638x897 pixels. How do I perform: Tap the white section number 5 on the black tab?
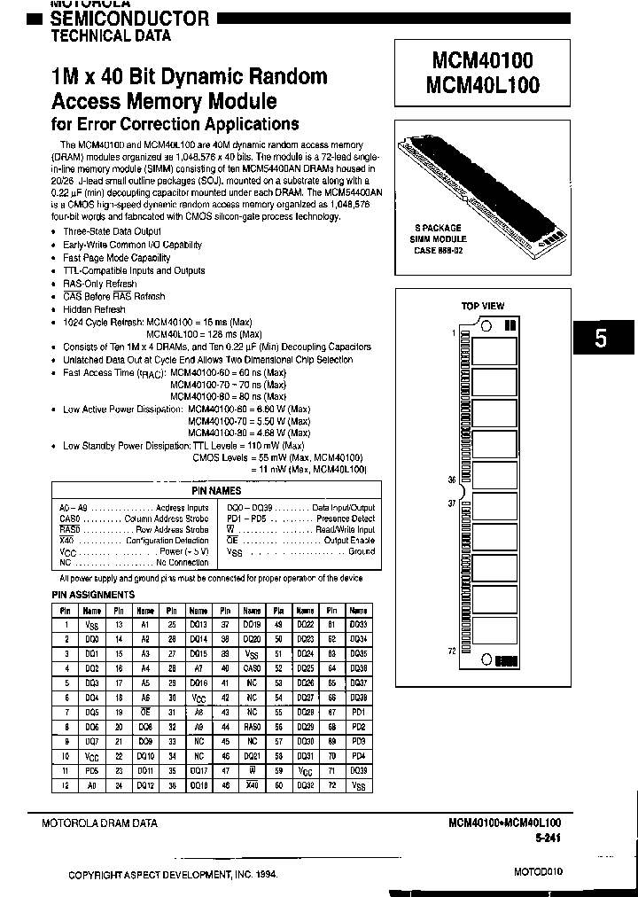point(601,338)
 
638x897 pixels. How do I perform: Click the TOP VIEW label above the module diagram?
point(483,306)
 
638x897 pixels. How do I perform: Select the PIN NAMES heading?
point(216,490)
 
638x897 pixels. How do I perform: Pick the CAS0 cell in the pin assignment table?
point(252,667)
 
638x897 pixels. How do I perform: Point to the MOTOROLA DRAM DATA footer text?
point(99,823)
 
